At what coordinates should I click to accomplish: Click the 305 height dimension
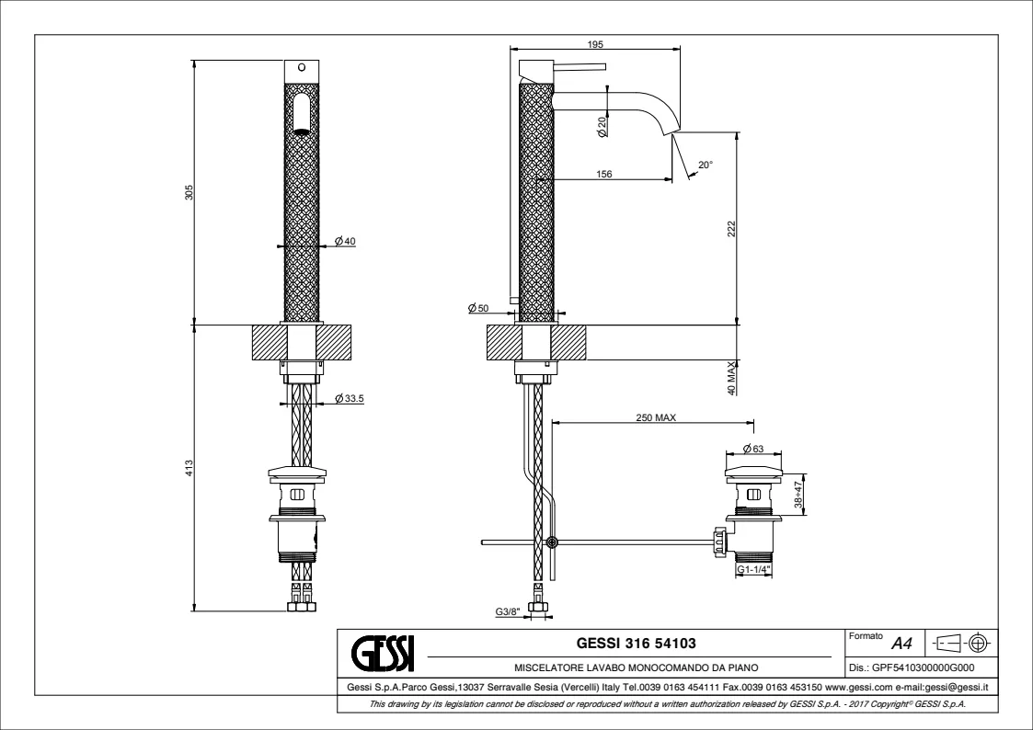pyautogui.click(x=189, y=192)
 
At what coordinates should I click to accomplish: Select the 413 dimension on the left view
pyautogui.click(x=189, y=467)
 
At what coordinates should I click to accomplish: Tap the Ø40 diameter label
pyautogui.click(x=345, y=241)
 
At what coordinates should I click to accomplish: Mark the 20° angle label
pyautogui.click(x=706, y=165)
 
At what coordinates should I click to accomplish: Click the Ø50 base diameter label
pyautogui.click(x=477, y=308)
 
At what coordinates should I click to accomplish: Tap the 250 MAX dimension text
pyautogui.click(x=656, y=417)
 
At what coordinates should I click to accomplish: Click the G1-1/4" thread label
pyautogui.click(x=753, y=571)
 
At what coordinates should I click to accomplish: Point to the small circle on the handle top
pyautogui.click(x=301, y=68)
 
